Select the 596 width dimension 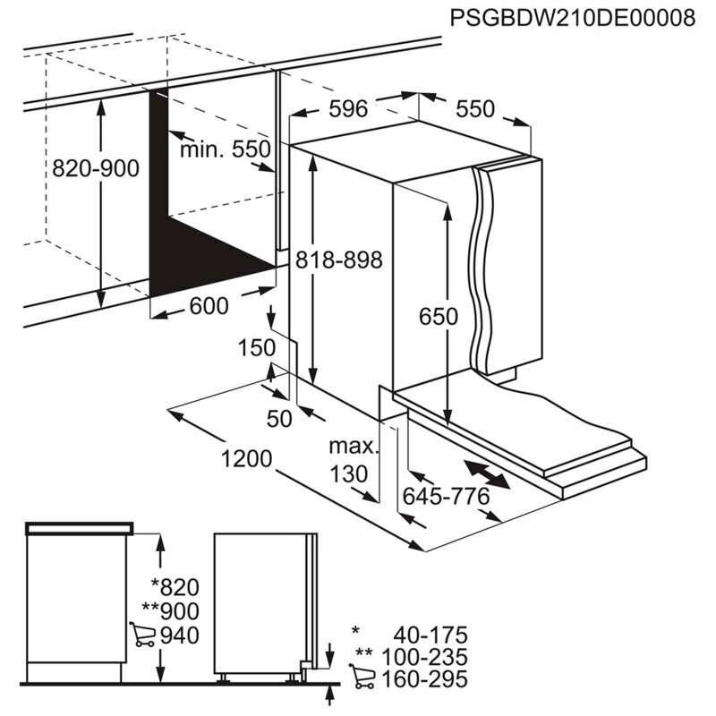click(x=348, y=108)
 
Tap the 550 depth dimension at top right click(x=475, y=108)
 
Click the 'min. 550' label click(x=225, y=149)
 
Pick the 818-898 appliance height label click(x=338, y=260)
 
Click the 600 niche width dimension click(x=209, y=305)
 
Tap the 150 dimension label click(x=257, y=348)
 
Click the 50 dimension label click(x=279, y=418)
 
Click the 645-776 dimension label click(x=460, y=496)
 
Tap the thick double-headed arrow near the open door click(x=488, y=474)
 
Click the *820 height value click(x=174, y=588)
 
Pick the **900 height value click(x=167, y=612)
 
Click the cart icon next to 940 click(x=141, y=635)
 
